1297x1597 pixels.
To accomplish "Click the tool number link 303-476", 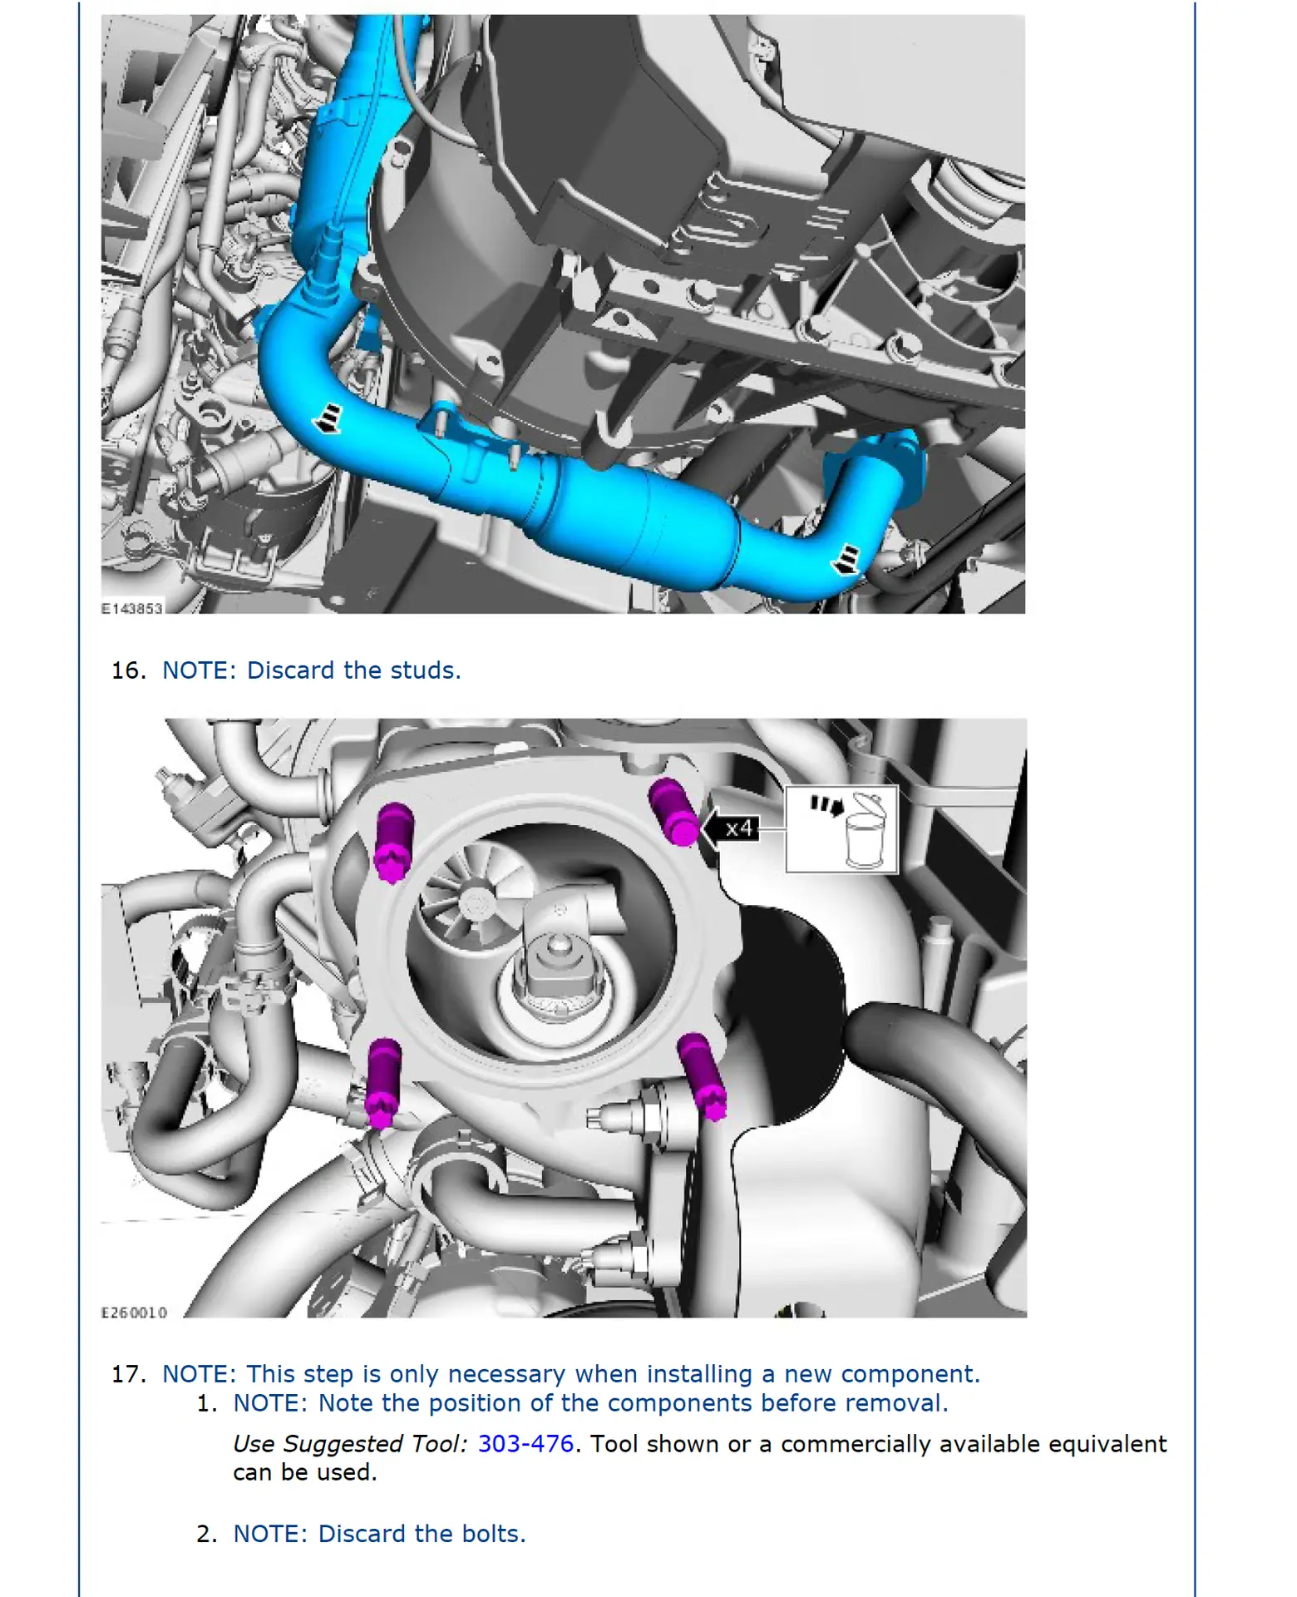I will coord(525,1443).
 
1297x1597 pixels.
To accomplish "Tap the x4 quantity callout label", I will coord(737,828).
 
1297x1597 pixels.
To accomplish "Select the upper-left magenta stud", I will coord(392,840).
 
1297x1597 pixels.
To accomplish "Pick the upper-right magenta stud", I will coord(673,811).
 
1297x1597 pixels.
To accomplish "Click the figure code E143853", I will coord(131,608).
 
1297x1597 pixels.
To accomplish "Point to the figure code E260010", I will coord(134,1313).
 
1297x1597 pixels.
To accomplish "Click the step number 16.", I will coord(129,670).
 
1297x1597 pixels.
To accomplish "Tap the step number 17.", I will coord(129,1374).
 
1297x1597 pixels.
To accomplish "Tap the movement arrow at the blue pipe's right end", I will coord(846,559).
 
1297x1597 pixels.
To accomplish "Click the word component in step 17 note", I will coord(910,1374).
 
